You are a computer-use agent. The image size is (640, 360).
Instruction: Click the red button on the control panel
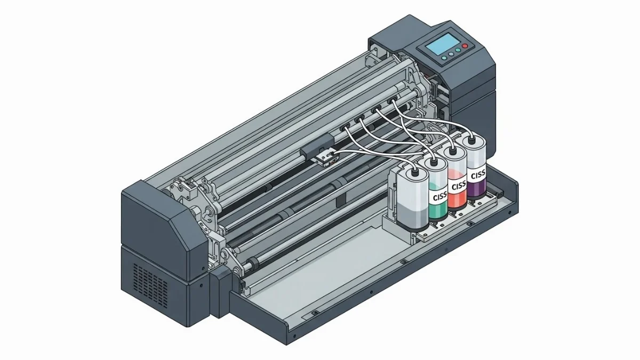tap(465, 46)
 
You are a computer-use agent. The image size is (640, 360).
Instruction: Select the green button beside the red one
tap(458, 50)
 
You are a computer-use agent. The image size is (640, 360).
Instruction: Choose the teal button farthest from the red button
tap(444, 58)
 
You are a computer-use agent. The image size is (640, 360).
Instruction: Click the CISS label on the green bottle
tap(438, 197)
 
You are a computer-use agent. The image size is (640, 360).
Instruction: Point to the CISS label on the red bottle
tap(457, 187)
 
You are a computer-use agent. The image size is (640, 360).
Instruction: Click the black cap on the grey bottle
tap(414, 172)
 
